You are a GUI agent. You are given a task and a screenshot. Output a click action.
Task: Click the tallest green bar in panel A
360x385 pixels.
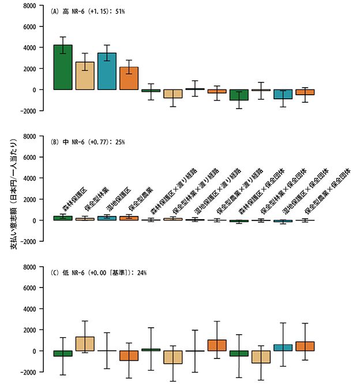(62, 67)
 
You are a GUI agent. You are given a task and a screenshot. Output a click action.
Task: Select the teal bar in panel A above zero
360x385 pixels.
(107, 71)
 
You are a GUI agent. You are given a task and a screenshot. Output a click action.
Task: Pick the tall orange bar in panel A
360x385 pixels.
(129, 78)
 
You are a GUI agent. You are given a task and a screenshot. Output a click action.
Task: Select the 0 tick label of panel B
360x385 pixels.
(36, 220)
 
